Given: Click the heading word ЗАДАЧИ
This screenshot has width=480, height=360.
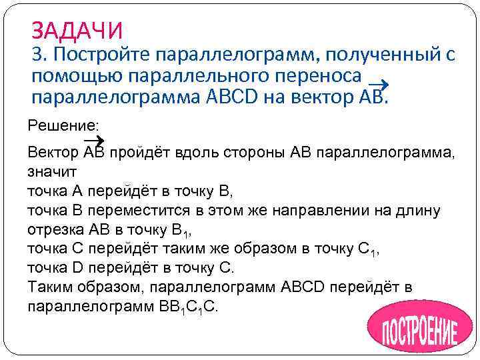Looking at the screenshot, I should (x=77, y=30).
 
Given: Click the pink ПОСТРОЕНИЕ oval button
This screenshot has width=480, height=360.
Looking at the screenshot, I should (x=413, y=327).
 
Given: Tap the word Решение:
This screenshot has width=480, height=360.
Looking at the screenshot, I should (x=54, y=125).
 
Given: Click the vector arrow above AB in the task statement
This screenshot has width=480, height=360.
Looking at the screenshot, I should (x=379, y=83).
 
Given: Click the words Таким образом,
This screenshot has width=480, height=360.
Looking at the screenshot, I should (x=87, y=287).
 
